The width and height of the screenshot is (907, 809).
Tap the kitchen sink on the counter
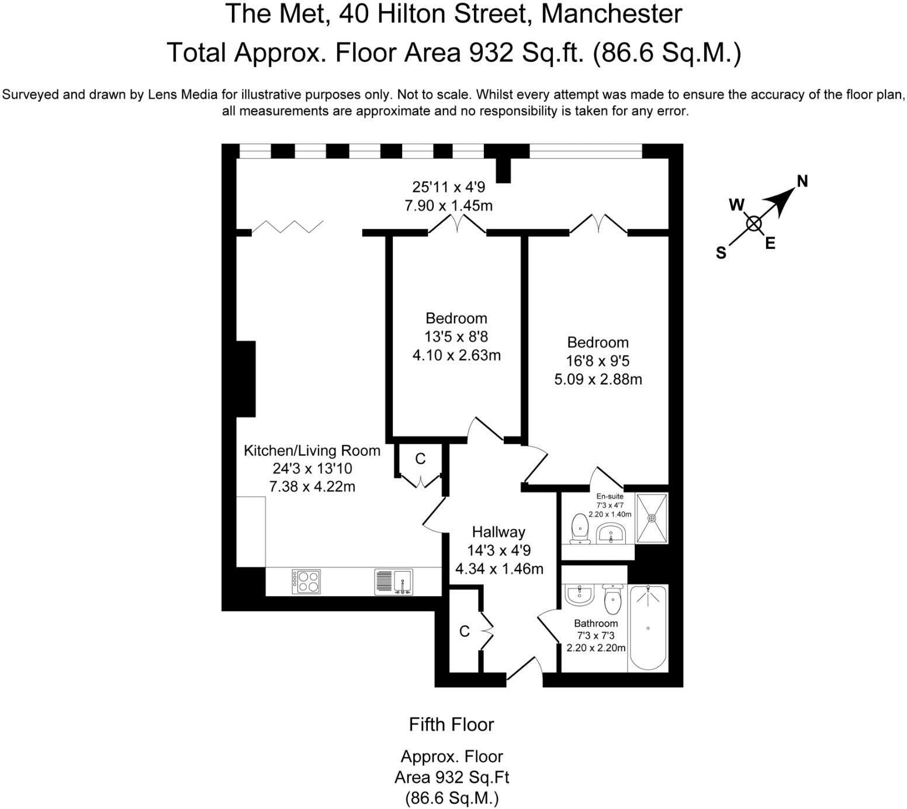[393, 582]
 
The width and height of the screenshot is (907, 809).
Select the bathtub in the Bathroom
[648, 628]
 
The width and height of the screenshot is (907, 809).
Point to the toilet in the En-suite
[579, 528]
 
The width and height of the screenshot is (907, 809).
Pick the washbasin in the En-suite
[611, 533]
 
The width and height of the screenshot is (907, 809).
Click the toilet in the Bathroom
[612, 599]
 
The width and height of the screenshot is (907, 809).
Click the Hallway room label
[498, 532]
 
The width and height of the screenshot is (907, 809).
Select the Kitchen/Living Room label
[311, 451]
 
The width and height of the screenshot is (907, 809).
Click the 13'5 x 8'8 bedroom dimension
[456, 337]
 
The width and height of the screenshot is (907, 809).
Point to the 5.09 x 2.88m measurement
[598, 379]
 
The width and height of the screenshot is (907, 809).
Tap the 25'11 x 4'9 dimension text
[448, 187]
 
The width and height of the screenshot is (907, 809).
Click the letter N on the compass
[802, 181]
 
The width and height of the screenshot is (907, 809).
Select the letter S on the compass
[721, 253]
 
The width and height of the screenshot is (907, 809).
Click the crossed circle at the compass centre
[754, 223]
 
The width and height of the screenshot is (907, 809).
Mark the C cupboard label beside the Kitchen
[420, 459]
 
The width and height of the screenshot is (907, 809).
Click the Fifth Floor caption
[451, 724]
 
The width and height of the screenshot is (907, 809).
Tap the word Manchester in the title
[612, 13]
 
